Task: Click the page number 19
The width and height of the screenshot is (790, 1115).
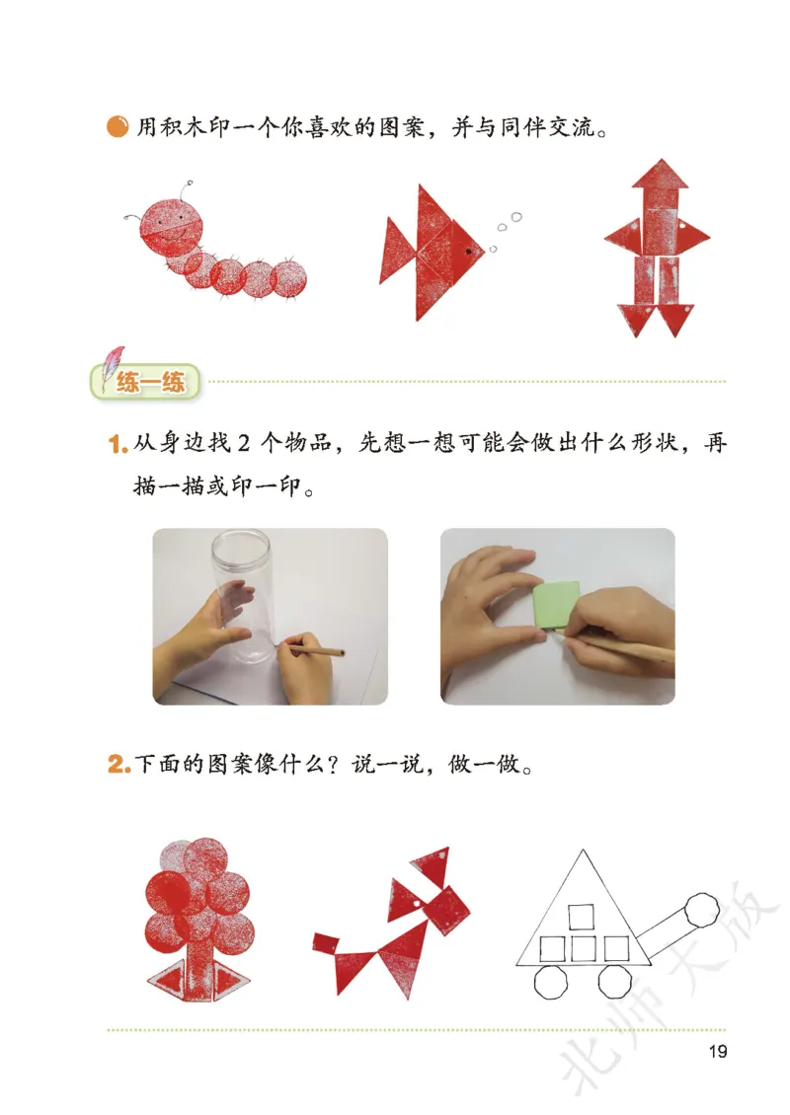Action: coord(718,1051)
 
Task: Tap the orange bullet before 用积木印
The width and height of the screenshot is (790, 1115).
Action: coord(118,127)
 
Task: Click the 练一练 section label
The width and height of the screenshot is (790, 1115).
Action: coord(151,383)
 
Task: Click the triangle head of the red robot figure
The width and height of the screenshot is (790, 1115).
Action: coord(661,178)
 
